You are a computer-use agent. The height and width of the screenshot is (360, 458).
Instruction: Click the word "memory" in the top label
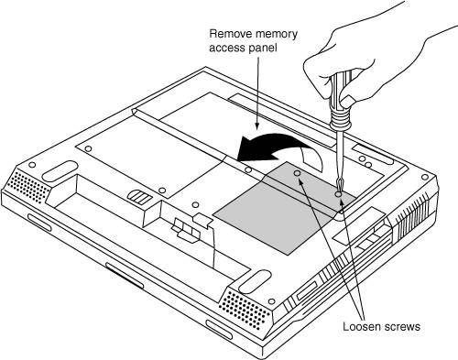(x=275, y=34)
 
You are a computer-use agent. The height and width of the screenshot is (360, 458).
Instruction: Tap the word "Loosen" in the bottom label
(x=362, y=326)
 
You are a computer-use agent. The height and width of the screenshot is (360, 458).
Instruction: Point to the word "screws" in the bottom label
(x=402, y=327)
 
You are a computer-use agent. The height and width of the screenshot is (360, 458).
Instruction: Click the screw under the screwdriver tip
(x=338, y=194)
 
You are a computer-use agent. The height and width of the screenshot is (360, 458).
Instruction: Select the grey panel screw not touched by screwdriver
(x=297, y=173)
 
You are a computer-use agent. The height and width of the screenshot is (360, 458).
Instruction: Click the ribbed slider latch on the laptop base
(x=139, y=197)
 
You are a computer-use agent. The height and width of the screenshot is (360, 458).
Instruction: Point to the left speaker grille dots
(x=30, y=187)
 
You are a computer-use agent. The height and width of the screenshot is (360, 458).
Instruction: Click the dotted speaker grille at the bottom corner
(x=245, y=310)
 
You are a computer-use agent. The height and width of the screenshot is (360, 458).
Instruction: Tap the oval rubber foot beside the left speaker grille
(x=60, y=171)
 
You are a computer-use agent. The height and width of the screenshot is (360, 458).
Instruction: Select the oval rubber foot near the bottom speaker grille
(x=255, y=281)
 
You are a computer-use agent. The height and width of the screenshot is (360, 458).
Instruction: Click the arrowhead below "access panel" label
(x=257, y=125)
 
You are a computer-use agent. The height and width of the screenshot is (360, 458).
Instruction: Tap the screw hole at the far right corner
(x=425, y=178)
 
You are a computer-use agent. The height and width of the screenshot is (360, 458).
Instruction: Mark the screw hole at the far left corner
(x=31, y=165)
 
